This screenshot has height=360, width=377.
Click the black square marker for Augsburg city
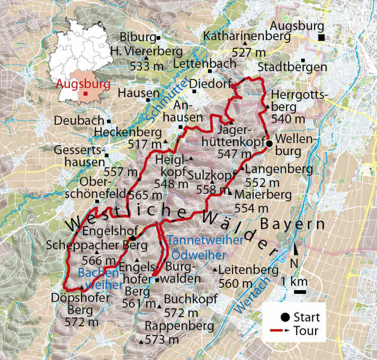point(321,37)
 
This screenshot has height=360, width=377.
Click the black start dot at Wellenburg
point(269,143)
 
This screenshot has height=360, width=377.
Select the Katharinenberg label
point(247,37)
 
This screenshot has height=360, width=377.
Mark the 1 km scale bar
point(300,291)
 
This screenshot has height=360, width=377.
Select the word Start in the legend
point(307,318)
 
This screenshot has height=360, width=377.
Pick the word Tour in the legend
point(307,331)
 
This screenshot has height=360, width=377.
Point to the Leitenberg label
point(248,270)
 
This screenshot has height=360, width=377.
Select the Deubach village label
point(80,121)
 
